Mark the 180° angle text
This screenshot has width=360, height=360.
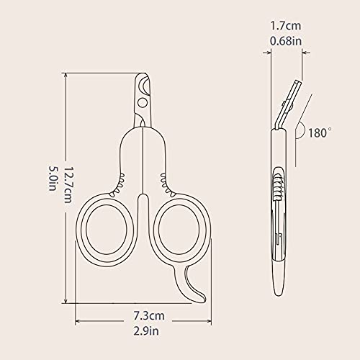[319, 132]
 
